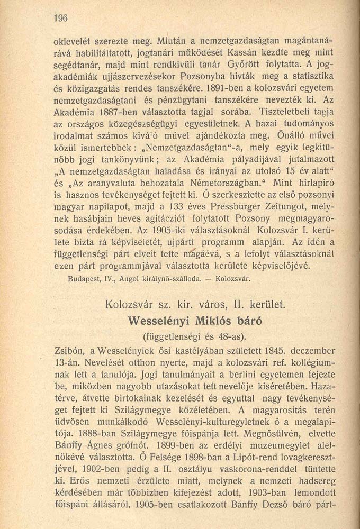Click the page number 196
tap(61, 18)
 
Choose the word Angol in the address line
tap(129, 277)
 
